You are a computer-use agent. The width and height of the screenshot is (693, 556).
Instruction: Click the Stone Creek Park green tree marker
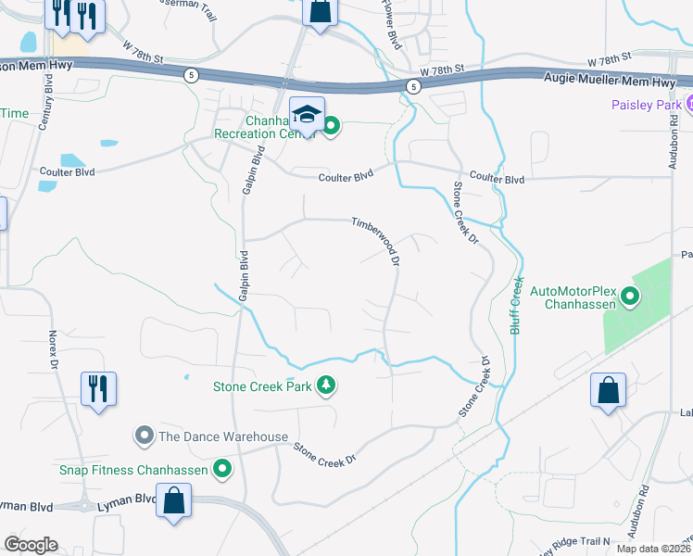point(325,385)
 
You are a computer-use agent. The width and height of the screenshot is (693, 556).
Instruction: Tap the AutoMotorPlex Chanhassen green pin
point(630,297)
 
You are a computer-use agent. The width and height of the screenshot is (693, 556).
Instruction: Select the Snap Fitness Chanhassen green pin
point(221,469)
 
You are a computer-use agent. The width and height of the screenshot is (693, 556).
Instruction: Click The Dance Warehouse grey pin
point(144,435)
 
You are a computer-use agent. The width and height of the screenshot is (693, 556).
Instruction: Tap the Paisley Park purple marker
point(687,103)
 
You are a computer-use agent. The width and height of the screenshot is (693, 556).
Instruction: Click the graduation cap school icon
point(307,114)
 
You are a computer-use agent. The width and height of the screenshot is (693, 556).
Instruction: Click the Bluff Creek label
point(517,304)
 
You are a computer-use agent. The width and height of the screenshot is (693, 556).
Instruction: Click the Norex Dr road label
point(54,344)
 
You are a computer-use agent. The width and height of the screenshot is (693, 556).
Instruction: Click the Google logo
point(31,545)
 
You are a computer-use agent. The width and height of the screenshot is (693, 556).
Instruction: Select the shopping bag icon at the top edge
point(319,13)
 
